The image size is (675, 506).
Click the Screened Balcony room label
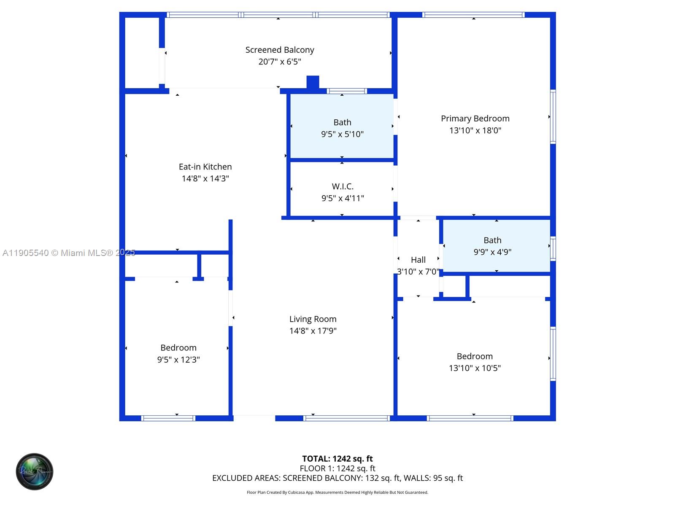click(x=280, y=50)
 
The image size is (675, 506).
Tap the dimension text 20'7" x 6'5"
click(x=280, y=62)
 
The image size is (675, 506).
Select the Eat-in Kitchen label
click(x=205, y=167)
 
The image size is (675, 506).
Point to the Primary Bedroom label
click(x=475, y=118)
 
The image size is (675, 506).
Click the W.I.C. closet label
click(x=343, y=186)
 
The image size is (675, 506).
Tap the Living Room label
click(x=313, y=319)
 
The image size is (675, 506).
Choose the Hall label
click(x=418, y=260)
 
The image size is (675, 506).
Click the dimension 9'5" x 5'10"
click(x=342, y=134)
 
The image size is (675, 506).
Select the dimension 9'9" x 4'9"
click(x=492, y=252)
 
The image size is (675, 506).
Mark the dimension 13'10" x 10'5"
click(x=475, y=368)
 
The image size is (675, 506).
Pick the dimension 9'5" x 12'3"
click(x=178, y=360)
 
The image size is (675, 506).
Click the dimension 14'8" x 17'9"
click(x=313, y=331)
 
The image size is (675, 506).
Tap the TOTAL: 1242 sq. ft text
click(x=337, y=459)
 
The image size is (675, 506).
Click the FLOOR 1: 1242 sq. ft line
click(x=337, y=468)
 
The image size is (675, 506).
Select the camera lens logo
click(x=35, y=471)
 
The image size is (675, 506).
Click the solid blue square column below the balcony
click(x=313, y=82)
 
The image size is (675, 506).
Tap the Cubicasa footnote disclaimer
click(x=337, y=493)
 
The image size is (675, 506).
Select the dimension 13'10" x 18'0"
click(x=475, y=130)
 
